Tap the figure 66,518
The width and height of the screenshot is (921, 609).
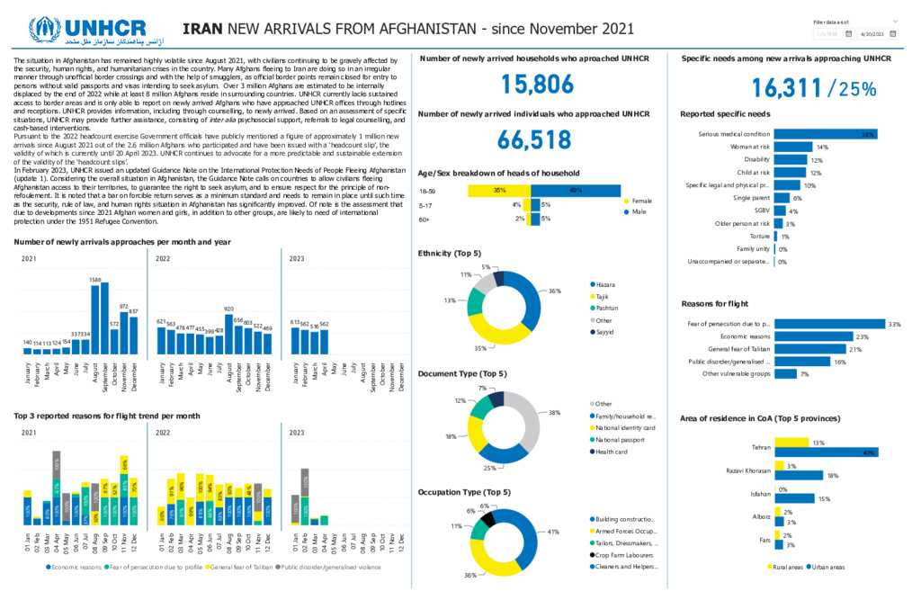[535, 139]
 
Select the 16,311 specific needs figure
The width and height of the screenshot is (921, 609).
[787, 88]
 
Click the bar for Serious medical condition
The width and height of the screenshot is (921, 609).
[826, 134]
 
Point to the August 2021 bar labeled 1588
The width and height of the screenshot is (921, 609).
[95, 319]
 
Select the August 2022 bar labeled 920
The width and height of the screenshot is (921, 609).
[228, 334]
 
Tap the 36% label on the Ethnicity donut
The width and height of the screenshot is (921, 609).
[554, 291]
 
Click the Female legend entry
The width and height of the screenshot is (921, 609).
[641, 201]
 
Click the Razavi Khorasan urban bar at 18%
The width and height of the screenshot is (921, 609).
[798, 475]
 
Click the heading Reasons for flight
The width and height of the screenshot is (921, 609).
[714, 304]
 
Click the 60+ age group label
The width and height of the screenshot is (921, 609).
[425, 219]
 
